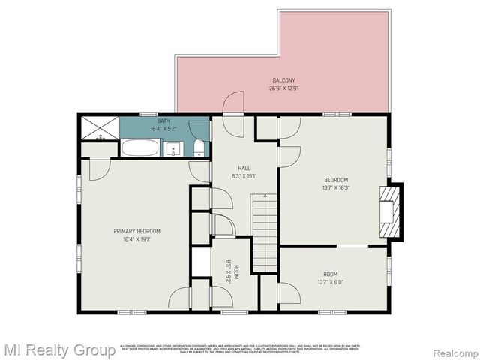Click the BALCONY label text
pos(283,80)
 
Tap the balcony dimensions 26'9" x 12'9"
pos(283,88)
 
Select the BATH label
pos(163,121)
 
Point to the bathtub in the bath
pos(140,148)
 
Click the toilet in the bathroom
pos(198,147)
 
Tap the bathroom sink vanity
pos(174,148)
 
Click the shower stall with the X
pos(99,127)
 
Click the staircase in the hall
pos(264,222)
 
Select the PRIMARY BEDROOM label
pos(137,231)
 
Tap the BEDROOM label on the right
pos(336,180)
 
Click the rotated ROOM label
pos(235,271)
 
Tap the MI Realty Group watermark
pos(58,349)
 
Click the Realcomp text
pos(451,350)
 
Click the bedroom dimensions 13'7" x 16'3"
pos(336,187)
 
